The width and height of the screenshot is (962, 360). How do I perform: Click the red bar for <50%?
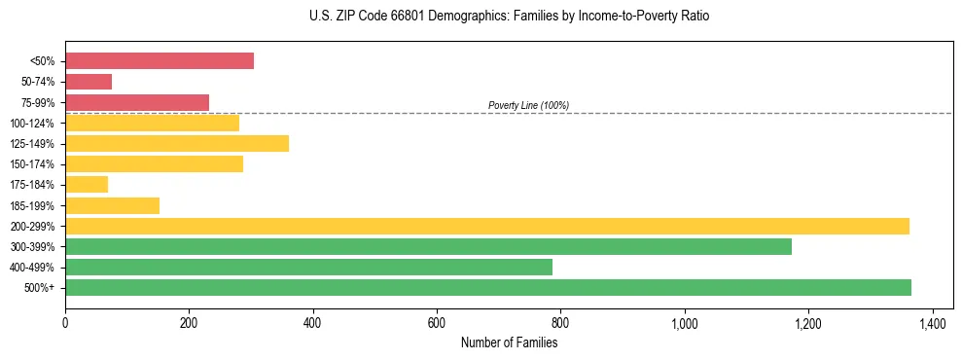[x=160, y=61]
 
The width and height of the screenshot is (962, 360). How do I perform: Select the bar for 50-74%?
[x=89, y=82]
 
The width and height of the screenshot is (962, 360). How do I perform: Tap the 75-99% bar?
[x=137, y=102]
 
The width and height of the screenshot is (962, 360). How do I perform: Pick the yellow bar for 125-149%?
[x=177, y=144]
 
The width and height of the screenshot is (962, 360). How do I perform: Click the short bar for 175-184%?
[x=87, y=185]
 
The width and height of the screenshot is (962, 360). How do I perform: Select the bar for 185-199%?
[x=112, y=205]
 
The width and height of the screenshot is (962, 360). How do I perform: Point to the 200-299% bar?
[x=486, y=226]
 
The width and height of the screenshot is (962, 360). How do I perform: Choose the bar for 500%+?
[x=487, y=287]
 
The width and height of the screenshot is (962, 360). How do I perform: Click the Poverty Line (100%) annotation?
[x=528, y=105]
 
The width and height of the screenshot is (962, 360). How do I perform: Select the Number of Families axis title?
[x=509, y=342]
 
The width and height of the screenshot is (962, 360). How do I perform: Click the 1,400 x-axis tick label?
[x=933, y=322]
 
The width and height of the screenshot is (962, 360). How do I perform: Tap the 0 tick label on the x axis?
[x=65, y=322]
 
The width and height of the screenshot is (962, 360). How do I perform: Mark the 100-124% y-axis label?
[x=32, y=124]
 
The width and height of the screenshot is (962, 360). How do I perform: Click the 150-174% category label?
[x=32, y=164]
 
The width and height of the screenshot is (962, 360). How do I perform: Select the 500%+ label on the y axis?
[x=39, y=288]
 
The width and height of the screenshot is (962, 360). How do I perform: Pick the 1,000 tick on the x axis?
[x=685, y=322]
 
